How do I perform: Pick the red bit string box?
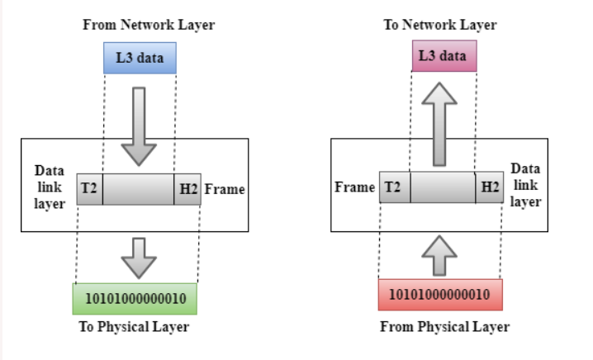click(440, 295)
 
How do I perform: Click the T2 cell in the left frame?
click(89, 189)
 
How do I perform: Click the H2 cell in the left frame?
click(187, 189)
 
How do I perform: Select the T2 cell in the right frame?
click(394, 187)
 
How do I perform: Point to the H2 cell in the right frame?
click(490, 187)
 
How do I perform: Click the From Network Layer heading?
click(149, 25)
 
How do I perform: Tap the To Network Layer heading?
click(440, 25)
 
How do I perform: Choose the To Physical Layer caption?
click(134, 327)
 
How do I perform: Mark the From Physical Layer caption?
click(444, 327)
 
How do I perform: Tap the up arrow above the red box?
click(443, 254)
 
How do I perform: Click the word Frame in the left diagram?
click(225, 189)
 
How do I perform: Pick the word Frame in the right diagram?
click(355, 187)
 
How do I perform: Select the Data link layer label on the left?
click(50, 187)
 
